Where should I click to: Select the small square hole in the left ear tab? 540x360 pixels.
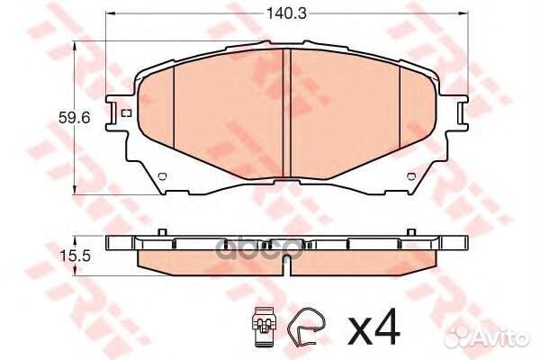tap(124, 112)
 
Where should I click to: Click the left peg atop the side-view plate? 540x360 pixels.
tap(162, 234)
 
